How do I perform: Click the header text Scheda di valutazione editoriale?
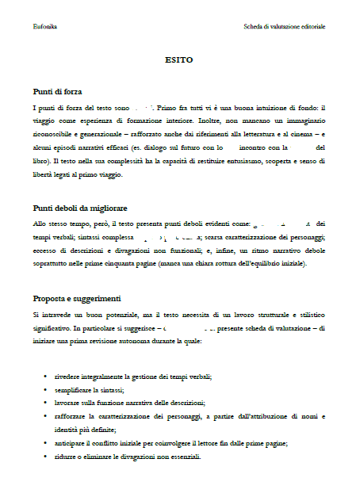(284, 27)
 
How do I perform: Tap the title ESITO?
(179, 59)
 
